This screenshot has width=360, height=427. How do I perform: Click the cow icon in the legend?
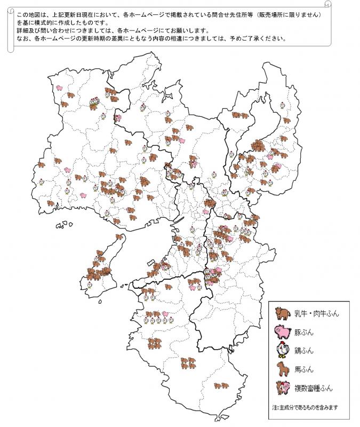click(282, 313)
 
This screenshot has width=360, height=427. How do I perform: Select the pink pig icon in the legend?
click(281, 331)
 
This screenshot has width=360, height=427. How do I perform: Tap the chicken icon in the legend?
click(281, 350)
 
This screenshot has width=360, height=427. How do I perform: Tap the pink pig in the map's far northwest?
click(60, 87)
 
